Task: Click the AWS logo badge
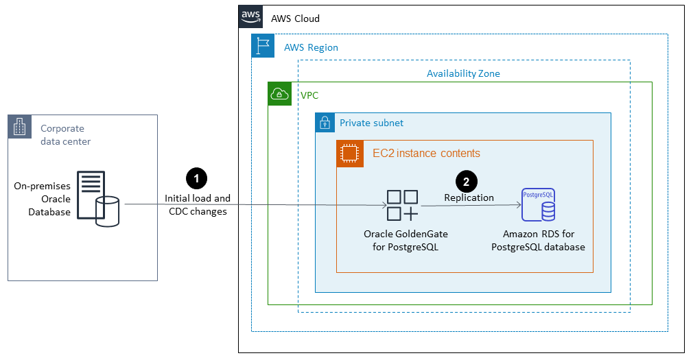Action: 250,17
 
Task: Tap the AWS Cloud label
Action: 295,19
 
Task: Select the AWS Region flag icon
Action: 263,46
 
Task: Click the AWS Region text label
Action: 311,48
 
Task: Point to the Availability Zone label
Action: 463,73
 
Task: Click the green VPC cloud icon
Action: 279,94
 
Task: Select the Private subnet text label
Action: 371,123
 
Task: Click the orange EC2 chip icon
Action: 349,154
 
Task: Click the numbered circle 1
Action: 197,178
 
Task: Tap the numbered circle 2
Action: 467,182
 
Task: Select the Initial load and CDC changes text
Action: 198,205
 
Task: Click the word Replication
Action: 469,197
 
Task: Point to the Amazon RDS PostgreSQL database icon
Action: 538,204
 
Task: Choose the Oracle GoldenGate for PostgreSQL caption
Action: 406,241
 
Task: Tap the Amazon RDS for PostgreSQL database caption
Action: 538,241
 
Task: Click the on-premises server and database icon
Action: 97,198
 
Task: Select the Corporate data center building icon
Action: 20,127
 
